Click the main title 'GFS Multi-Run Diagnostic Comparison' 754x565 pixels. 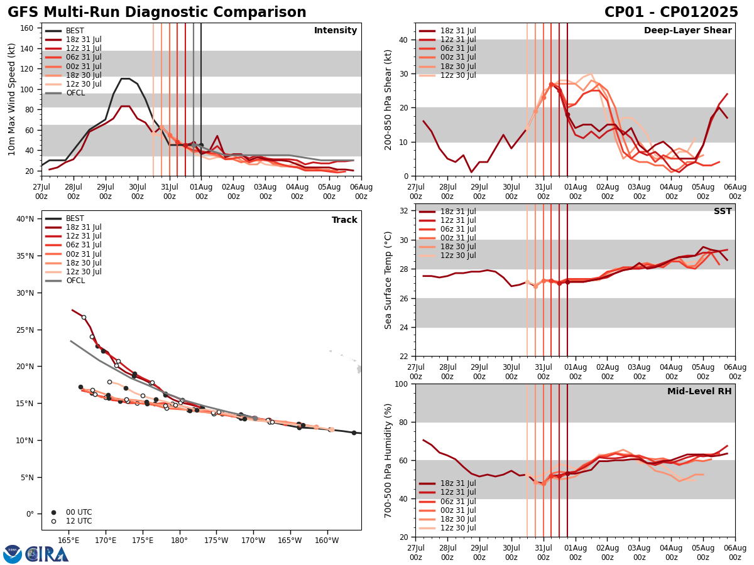(157, 13)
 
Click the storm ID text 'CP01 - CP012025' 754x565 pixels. (671, 13)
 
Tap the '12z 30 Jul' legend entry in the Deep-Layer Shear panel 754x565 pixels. (454, 75)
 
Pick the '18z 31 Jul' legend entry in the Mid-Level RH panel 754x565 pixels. (454, 483)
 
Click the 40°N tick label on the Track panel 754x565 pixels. (25, 219)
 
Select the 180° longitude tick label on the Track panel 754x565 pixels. (179, 540)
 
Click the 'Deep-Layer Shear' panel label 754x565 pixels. (687, 31)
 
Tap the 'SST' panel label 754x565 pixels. (723, 212)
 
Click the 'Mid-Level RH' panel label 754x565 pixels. (699, 392)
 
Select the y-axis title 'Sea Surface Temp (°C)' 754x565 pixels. (388, 280)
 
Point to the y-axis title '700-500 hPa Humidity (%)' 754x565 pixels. (388, 460)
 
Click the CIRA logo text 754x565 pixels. (47, 554)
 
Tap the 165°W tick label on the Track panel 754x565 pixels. (290, 540)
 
